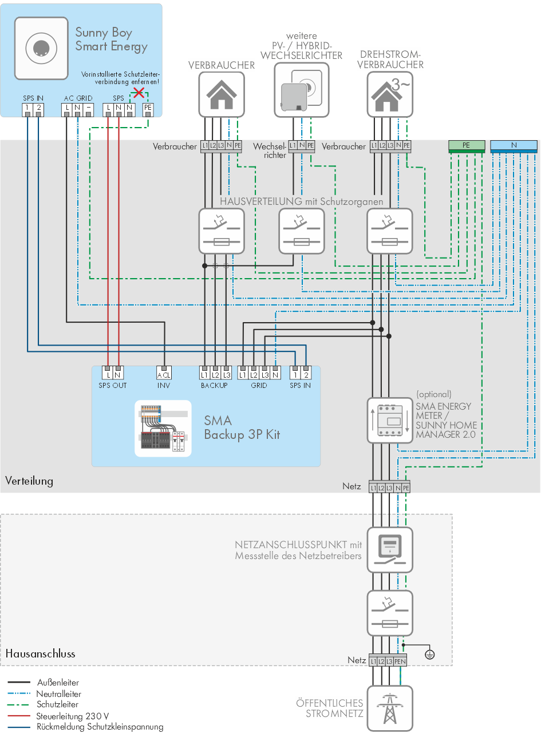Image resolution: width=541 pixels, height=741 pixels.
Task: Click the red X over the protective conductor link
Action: coord(139,92)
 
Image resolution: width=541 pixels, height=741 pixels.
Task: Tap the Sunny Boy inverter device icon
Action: coord(41,48)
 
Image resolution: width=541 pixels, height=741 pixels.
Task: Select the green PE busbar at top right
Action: coord(466,145)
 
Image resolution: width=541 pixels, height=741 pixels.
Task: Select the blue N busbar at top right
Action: coord(514,145)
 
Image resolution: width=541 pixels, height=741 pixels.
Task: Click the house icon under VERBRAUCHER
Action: coord(222,94)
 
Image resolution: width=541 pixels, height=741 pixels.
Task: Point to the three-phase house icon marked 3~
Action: coord(390,94)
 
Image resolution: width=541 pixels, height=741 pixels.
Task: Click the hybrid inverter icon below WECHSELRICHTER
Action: coord(302,90)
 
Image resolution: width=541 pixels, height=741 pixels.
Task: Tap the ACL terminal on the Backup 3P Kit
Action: coord(164,374)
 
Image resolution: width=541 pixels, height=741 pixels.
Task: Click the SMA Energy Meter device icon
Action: coord(390,421)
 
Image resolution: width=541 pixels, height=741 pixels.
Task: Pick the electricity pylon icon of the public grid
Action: coord(390,708)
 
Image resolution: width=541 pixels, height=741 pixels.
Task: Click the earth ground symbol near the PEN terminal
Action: coord(430,654)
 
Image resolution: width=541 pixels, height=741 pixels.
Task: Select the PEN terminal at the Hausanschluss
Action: coord(400,661)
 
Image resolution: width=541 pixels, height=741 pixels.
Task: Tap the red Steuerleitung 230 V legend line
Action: coord(19,716)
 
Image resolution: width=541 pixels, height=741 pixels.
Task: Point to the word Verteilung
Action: coord(29,481)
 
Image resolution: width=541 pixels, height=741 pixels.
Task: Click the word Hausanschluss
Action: coord(40,653)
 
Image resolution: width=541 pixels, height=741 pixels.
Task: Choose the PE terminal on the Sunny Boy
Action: coord(148,108)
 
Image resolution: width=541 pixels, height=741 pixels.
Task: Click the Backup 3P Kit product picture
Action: coord(163,429)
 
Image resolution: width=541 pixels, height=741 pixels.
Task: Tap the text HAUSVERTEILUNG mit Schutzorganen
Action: coord(301,201)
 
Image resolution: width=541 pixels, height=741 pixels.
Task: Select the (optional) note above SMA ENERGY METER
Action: coord(434,394)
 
